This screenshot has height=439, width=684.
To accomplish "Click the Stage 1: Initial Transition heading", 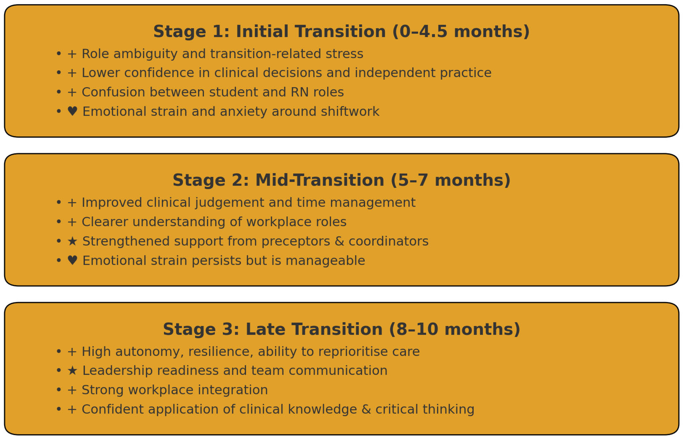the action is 341,31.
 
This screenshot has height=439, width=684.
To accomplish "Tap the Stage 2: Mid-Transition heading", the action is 341,180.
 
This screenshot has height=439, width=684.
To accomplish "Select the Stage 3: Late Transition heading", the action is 341,329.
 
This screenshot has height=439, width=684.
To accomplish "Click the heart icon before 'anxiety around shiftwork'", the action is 72,111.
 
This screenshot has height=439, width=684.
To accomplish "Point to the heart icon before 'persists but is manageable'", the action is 72,260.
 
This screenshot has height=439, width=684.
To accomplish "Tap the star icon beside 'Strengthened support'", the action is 72,241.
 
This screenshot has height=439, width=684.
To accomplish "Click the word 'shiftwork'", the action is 350,111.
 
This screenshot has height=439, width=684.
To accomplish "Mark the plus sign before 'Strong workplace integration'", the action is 72,390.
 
